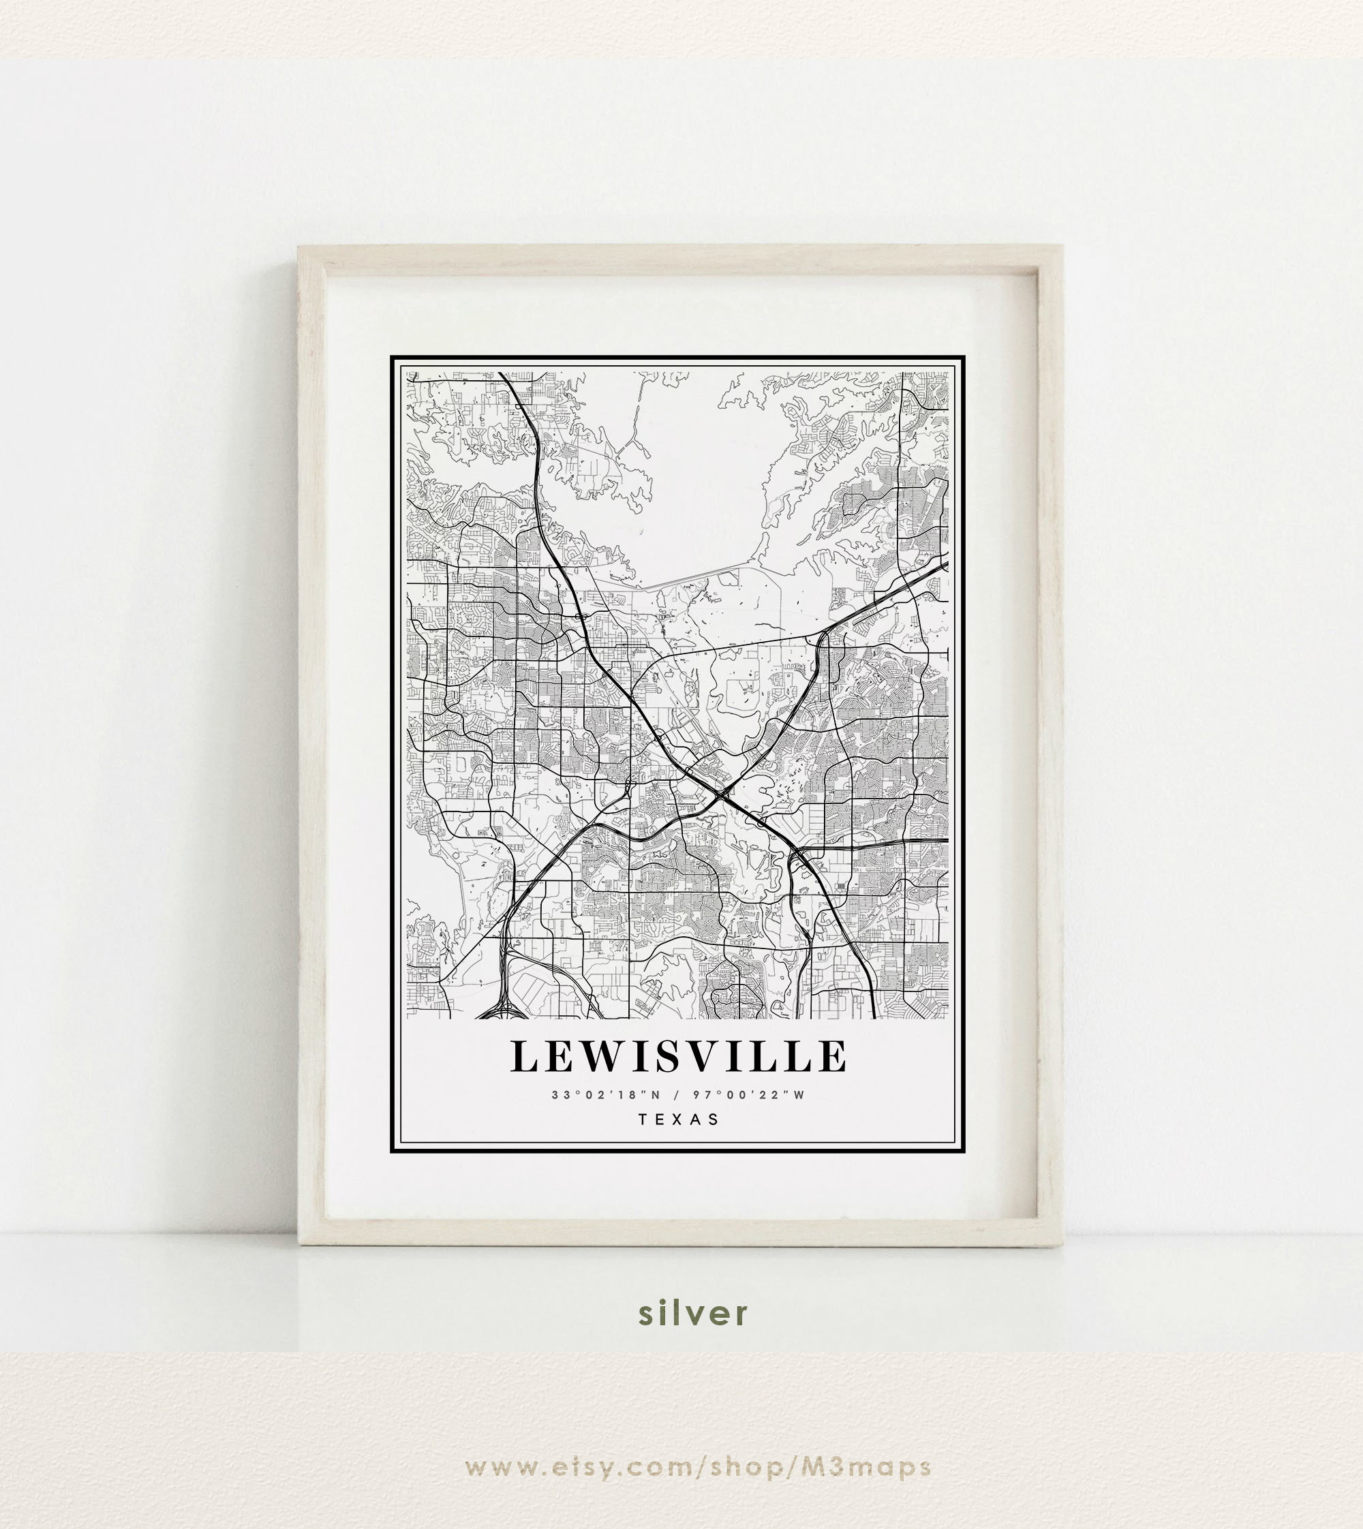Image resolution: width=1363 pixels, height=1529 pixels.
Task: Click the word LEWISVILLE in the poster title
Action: click(679, 1057)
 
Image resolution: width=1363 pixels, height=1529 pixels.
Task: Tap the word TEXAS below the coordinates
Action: click(679, 1120)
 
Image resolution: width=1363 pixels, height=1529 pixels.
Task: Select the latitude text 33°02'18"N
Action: click(607, 1095)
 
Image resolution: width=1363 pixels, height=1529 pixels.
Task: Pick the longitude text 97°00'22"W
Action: click(748, 1095)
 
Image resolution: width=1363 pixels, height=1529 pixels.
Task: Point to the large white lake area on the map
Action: click(696, 479)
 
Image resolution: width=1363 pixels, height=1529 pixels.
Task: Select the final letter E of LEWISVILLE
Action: click(832, 1057)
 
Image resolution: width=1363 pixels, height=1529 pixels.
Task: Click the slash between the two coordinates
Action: click(677, 1095)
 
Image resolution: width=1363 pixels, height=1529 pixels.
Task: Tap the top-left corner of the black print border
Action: click(393, 358)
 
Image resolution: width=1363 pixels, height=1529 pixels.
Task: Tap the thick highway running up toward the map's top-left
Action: click(536, 449)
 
